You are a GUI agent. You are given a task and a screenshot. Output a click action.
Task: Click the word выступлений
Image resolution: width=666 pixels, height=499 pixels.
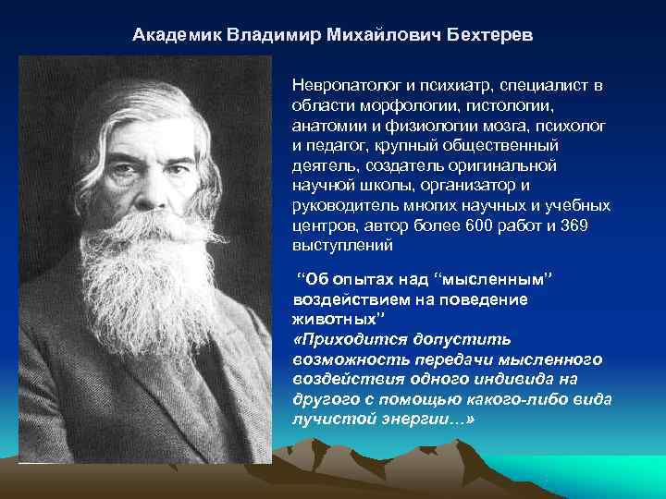342,247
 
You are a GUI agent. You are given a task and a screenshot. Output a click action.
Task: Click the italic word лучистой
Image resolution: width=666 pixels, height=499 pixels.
328,419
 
